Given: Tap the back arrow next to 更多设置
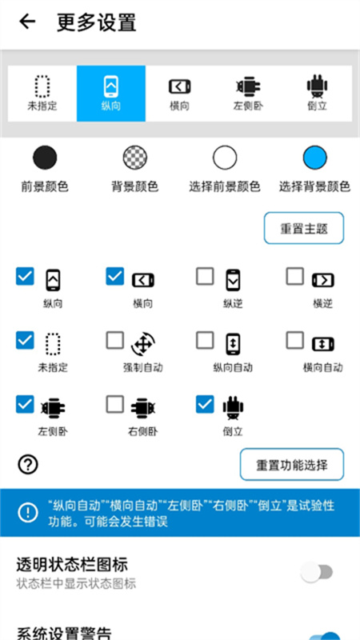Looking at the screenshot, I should pos(28,22).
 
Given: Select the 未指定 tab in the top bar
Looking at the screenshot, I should pos(42,93).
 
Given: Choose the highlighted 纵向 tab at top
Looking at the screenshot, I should pos(111,93).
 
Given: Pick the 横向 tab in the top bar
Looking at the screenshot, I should pos(180,93).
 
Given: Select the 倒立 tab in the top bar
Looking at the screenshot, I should pos(318,93).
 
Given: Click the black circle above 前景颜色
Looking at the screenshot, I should pos(45,158).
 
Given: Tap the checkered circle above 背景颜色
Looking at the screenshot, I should pos(134,158).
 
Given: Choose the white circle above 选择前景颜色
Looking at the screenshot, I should pos(225,158).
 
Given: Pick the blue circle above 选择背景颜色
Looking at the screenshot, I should pos(314,158).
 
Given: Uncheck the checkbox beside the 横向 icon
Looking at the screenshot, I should pos(115,277).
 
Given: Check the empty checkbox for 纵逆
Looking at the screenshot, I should pos(205,277).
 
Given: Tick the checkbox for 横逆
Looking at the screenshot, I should pos(295,277).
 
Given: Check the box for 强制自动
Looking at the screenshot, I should pos(115,341).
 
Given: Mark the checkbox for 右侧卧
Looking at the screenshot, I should pos(115,405).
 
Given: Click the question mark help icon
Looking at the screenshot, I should pos(28,464).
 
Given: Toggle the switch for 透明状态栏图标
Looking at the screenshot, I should pos(316,572).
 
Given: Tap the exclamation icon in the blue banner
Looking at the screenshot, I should pos(28,511).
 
